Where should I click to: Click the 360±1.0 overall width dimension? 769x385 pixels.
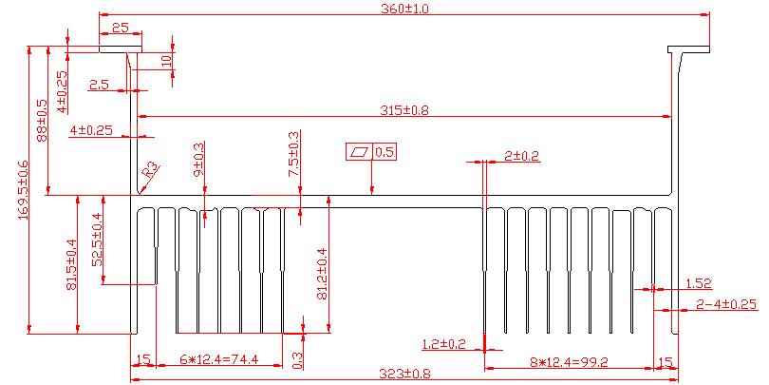[x=405, y=9]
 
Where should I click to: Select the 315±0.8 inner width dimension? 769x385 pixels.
[x=404, y=110]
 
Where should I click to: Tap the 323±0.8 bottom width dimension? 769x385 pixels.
[x=404, y=374]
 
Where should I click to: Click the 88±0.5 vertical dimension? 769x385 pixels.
[x=42, y=121]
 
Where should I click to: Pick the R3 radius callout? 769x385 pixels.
[x=151, y=170]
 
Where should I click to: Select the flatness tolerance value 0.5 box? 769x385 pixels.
[x=384, y=152]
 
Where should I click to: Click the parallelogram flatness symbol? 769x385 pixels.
[x=360, y=152]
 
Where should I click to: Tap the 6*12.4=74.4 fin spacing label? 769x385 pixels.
[x=218, y=359]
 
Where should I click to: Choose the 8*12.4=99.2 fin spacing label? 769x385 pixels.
[x=569, y=362]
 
